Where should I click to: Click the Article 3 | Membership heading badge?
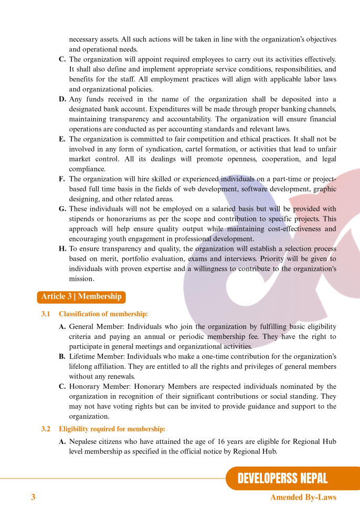tap(81, 296)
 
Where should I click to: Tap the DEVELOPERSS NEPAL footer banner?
tap(282, 478)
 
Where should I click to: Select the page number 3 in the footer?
tap(33, 497)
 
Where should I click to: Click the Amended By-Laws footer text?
tap(303, 497)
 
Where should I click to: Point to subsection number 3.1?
tap(46, 314)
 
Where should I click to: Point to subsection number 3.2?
tap(46, 429)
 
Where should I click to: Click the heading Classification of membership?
tap(103, 314)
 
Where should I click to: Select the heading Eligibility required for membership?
tap(112, 429)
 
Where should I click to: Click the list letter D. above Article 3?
tap(62, 99)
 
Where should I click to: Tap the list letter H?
tap(62, 249)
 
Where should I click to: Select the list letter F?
tap(62, 179)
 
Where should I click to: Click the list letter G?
tap(62, 209)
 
